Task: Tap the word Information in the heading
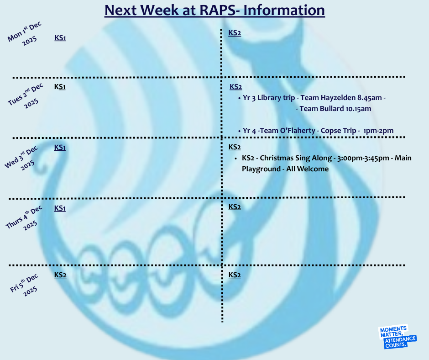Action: [x=284, y=10]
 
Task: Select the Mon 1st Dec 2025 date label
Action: [x=25, y=34]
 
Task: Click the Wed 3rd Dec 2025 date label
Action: [x=21, y=159]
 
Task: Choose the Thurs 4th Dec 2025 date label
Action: [x=25, y=218]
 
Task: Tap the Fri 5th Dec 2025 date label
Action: [x=24, y=285]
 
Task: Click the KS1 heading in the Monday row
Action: [x=60, y=38]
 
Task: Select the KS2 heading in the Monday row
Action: [x=235, y=33]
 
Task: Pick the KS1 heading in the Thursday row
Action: [x=60, y=208]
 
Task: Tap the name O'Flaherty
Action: [x=298, y=131]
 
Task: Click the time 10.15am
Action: [x=358, y=109]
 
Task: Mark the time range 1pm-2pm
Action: [x=378, y=131]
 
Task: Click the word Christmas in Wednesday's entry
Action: [x=277, y=158]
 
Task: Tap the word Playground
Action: [x=261, y=169]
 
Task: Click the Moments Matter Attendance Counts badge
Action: [x=398, y=337]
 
